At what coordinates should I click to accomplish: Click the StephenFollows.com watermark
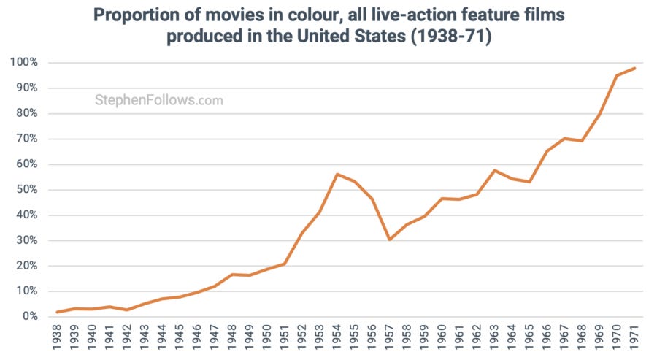coord(158,100)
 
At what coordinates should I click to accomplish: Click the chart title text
coord(329,26)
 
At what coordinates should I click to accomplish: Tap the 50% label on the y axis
coord(26,190)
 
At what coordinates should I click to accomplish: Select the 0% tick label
coord(28,317)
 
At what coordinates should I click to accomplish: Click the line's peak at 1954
coord(337,174)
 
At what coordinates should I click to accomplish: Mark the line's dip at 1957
coord(390,240)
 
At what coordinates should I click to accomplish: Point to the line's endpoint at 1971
coord(635,68)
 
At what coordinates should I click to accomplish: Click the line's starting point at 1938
coord(57,312)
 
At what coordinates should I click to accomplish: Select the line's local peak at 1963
coord(495,170)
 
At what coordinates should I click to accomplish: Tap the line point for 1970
coord(618,75)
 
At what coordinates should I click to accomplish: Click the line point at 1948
coord(232,275)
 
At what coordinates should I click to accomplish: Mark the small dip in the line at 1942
coord(127,310)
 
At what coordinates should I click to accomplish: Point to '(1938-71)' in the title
coord(450,37)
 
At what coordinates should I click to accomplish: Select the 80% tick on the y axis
coord(26,113)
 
